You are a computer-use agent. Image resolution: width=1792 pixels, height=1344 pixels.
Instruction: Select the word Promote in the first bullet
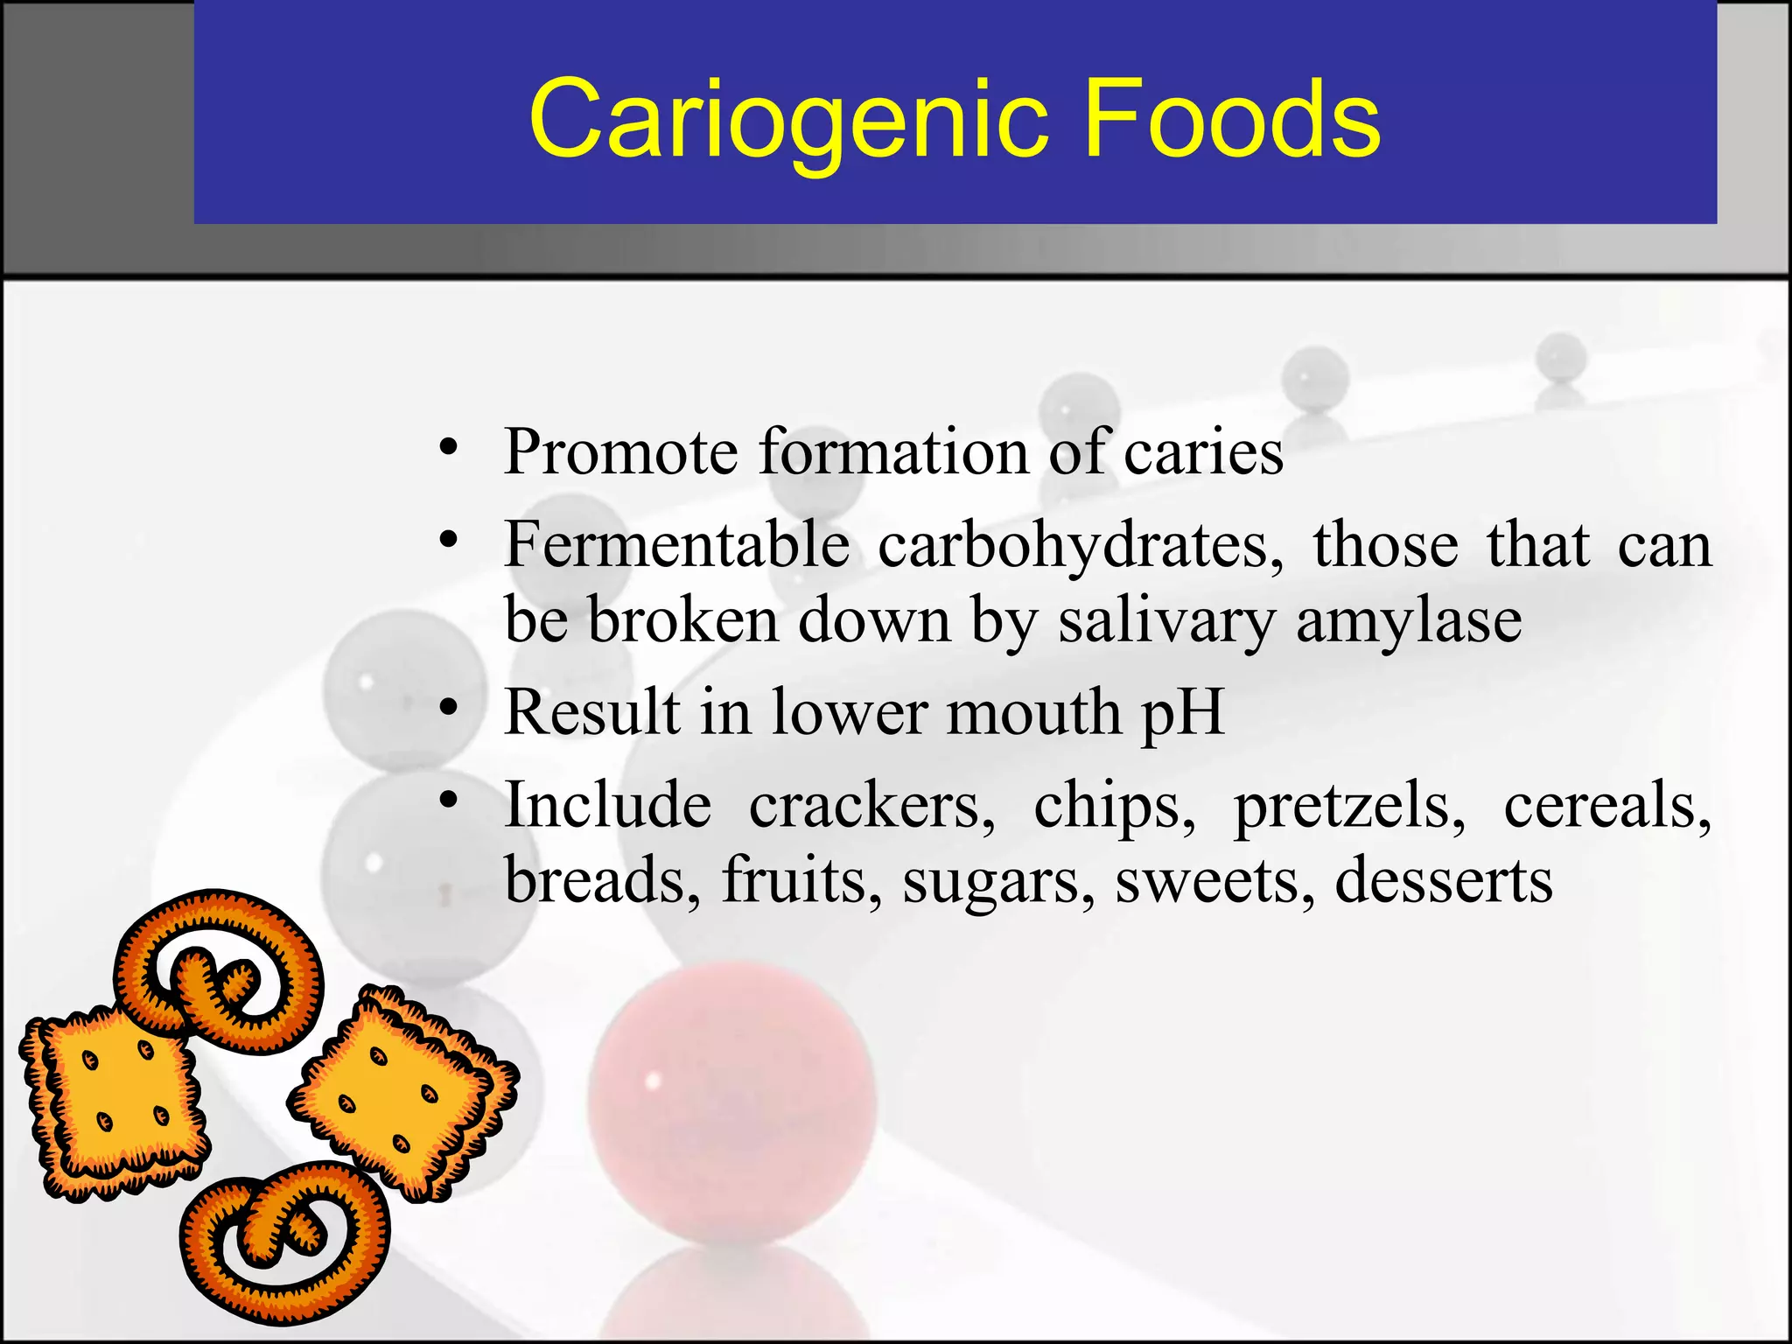click(620, 452)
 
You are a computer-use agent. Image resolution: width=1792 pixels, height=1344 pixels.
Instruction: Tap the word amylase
click(1409, 621)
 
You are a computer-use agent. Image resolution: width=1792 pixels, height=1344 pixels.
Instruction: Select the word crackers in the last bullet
click(871, 805)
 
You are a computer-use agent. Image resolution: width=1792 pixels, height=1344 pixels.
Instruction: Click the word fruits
click(801, 880)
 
